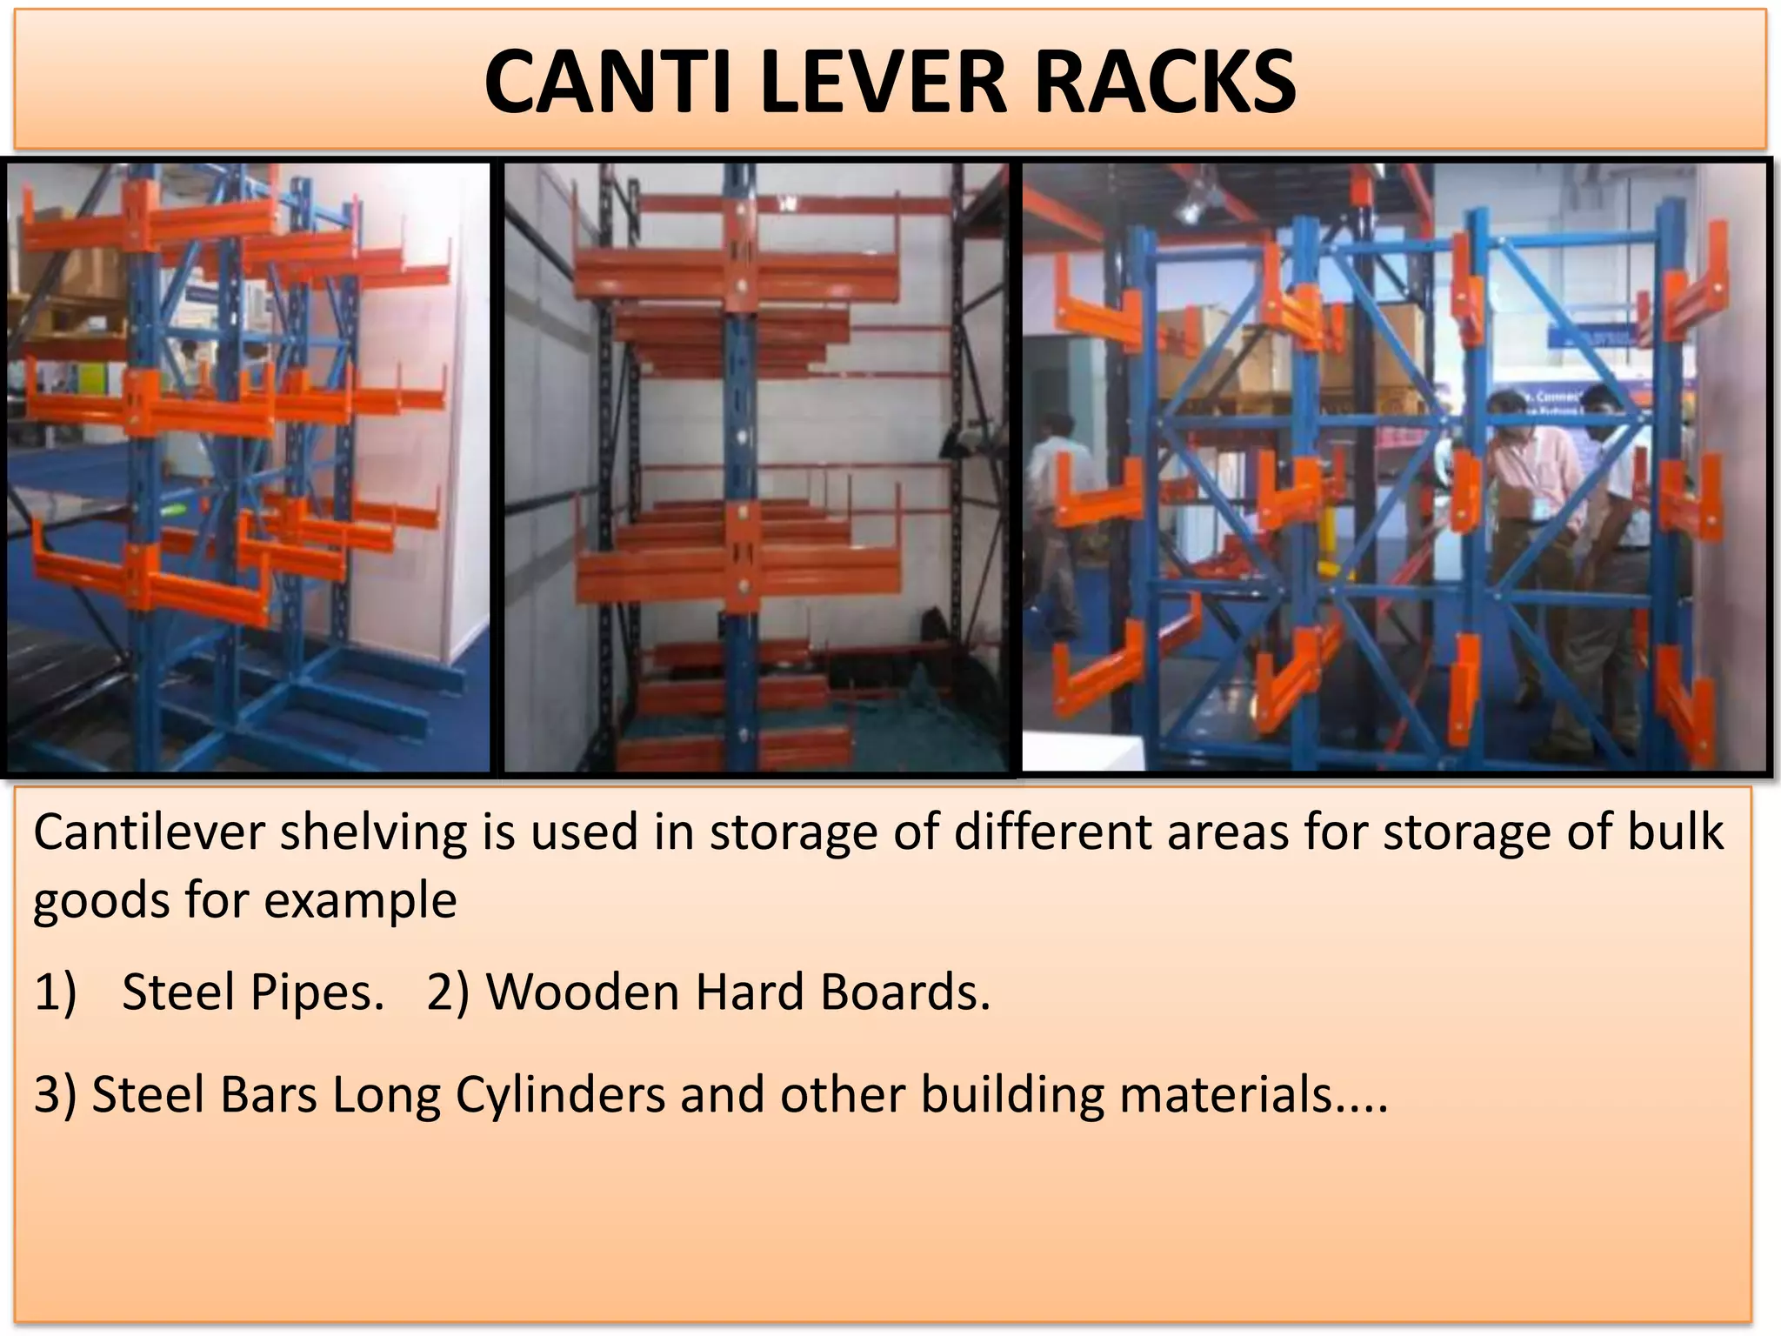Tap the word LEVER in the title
pos(882,82)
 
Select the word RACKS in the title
pos(1165,82)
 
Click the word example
pos(360,901)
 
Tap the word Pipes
pos(317,993)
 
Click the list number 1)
pos(56,992)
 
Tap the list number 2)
pos(448,992)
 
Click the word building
pos(1012,1095)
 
